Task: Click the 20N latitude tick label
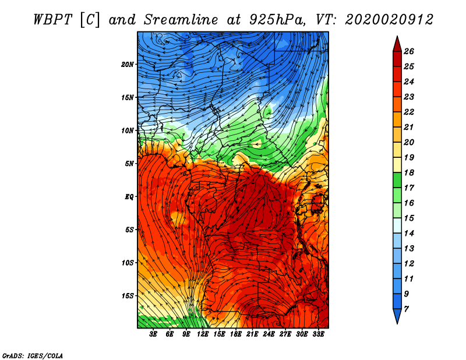pos(128,64)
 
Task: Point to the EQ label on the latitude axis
pos(129,196)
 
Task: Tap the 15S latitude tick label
pos(128,295)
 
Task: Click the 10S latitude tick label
pos(128,262)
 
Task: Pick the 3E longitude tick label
pos(154,334)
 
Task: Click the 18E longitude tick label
pos(236,334)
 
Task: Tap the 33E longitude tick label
pos(318,334)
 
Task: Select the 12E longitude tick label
pos(203,334)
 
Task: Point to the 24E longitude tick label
pos(269,334)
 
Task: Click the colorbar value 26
pos(416,51)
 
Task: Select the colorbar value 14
pos(416,232)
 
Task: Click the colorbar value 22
pos(416,111)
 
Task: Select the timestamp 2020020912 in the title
pos(389,19)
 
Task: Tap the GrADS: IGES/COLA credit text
pos(32,355)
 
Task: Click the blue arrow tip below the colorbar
pos(397,319)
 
